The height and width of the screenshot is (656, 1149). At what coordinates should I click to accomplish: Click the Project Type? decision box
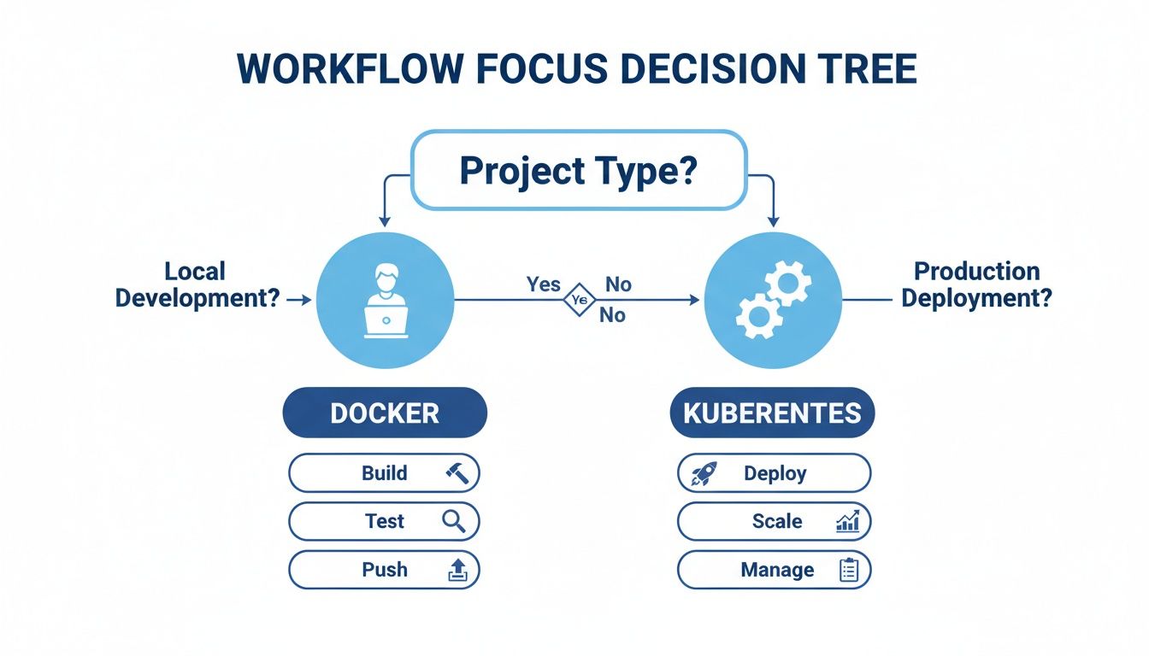tap(579, 171)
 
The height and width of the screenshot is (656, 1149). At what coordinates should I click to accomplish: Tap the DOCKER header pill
tap(385, 413)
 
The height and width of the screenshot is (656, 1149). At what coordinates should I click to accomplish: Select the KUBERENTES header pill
tap(772, 413)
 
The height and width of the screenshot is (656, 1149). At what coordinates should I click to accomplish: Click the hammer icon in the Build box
tap(457, 472)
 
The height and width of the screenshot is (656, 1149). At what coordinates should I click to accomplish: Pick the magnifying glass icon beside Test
tap(454, 521)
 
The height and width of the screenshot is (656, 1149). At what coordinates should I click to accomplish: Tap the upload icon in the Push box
tap(458, 570)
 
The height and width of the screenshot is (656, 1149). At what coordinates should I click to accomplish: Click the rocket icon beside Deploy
tap(704, 473)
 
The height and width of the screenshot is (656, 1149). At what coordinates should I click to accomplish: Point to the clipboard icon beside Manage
tap(848, 570)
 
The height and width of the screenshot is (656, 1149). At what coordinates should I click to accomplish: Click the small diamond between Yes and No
tap(578, 300)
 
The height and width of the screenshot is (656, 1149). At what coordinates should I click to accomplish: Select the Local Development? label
tap(197, 284)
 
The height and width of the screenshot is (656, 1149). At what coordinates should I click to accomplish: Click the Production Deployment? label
tap(976, 284)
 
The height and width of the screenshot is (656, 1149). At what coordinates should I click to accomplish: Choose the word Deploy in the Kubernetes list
tap(775, 473)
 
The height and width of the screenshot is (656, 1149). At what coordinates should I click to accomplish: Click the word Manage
tap(777, 570)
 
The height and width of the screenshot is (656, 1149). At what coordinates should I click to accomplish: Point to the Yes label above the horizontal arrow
tap(544, 284)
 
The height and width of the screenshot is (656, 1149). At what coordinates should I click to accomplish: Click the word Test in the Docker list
tap(385, 521)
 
